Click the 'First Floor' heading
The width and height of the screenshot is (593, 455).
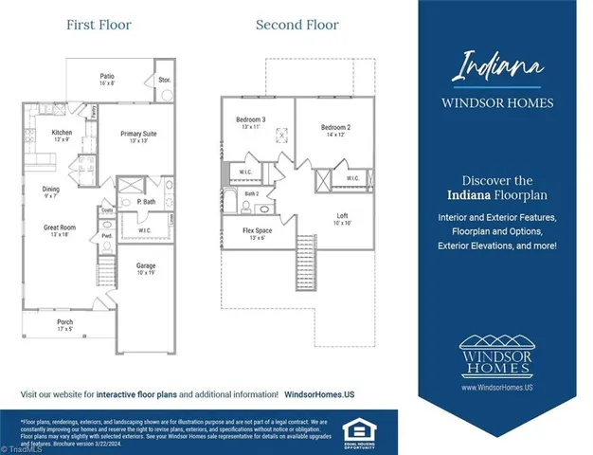[99, 25]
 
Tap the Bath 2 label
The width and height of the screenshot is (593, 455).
[251, 193]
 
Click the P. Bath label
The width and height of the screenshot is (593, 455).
[146, 202]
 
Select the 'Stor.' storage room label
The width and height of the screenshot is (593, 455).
[164, 81]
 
